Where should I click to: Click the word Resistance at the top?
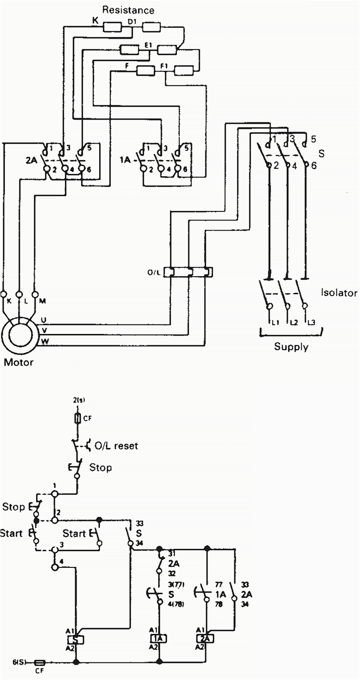[x=128, y=9]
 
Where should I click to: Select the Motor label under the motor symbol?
[x=18, y=362]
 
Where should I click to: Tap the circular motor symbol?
[x=18, y=334]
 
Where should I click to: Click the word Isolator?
[x=339, y=293]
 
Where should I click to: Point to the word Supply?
[x=291, y=347]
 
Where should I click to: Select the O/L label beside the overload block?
[x=154, y=272]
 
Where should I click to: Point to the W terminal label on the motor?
[x=45, y=341]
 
